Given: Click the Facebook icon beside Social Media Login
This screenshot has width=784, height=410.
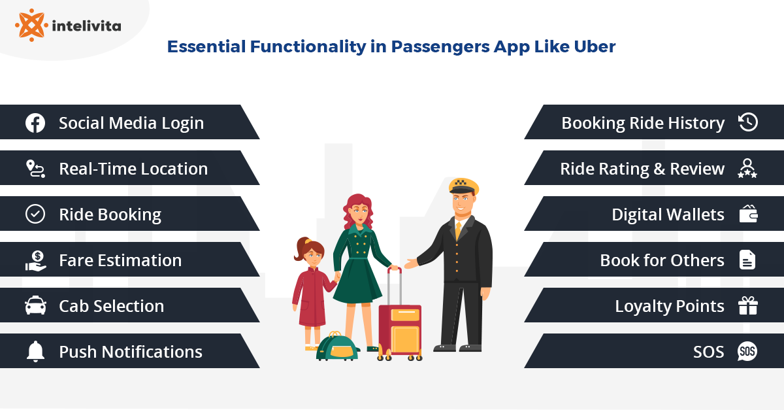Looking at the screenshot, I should [x=35, y=123].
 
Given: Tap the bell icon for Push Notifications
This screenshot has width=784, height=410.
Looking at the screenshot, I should [x=35, y=352].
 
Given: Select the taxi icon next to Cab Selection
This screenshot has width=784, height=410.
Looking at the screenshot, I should [x=35, y=306].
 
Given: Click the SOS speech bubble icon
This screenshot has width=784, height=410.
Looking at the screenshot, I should [x=747, y=352].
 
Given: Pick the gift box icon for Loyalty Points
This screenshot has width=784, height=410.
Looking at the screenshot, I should [x=747, y=306].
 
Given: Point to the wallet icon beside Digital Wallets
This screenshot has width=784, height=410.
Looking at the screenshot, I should [x=748, y=214].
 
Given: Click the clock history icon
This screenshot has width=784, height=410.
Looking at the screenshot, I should [x=747, y=123].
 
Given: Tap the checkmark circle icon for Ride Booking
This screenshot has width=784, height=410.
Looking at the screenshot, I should [x=35, y=214].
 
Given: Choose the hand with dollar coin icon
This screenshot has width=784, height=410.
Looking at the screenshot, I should [x=35, y=260].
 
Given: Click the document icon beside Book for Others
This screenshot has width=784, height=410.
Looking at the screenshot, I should [x=747, y=260].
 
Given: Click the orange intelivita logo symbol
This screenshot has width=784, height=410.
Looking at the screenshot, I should [x=31, y=25].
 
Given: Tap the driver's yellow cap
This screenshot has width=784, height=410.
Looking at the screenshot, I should [x=464, y=186].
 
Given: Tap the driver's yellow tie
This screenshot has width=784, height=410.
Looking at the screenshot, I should [x=459, y=230].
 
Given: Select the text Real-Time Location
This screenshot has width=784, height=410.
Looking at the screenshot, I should [x=133, y=169].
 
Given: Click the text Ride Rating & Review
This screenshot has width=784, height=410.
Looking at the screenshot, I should [x=642, y=169].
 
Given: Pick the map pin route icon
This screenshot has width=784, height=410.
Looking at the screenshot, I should [x=35, y=169].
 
